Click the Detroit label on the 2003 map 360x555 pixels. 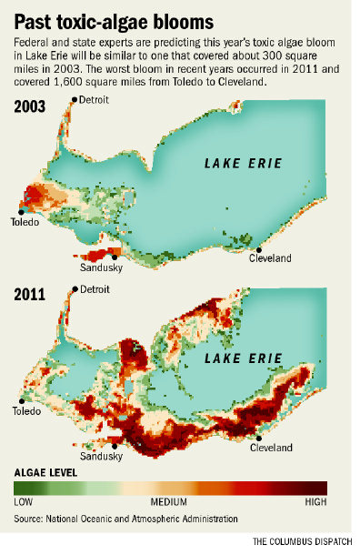coord(95,98)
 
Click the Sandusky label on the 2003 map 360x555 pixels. coord(101,267)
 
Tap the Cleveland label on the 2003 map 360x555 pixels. coord(271,258)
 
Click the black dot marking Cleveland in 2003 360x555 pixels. coord(259,248)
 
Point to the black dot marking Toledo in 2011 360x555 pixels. coord(20,400)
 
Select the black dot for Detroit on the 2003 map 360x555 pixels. coord(76,99)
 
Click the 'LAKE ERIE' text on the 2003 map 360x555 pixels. coord(241,165)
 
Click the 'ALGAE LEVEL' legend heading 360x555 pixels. coord(45,474)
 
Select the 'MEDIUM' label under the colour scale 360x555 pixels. coord(168,502)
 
